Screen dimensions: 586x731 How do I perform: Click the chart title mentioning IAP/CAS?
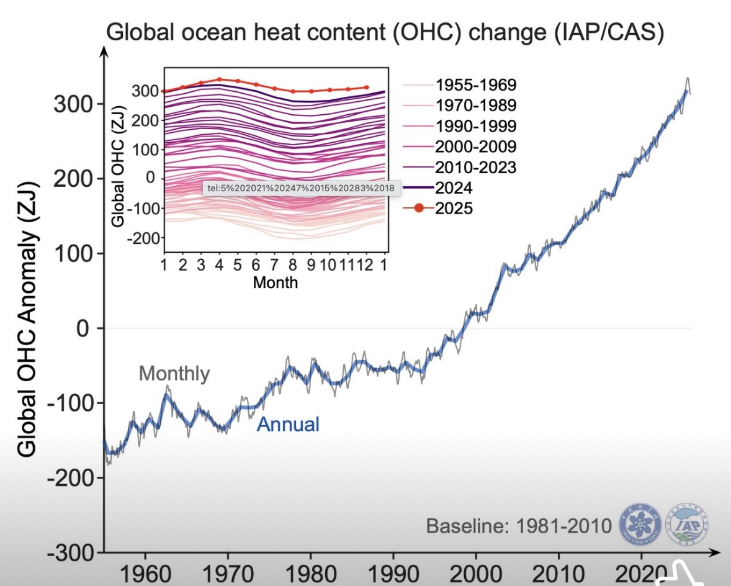(x=385, y=32)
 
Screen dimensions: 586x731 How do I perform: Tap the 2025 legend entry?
(x=454, y=208)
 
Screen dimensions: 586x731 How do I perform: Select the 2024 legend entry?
(x=454, y=187)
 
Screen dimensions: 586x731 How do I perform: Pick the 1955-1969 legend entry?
(x=475, y=84)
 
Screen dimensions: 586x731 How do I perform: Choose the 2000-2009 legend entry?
(x=475, y=146)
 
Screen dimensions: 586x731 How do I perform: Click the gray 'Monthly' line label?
(x=174, y=374)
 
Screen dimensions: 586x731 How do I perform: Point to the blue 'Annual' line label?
(x=288, y=425)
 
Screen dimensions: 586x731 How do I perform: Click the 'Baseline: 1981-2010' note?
(x=519, y=526)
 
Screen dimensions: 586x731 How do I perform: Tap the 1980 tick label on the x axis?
(x=310, y=572)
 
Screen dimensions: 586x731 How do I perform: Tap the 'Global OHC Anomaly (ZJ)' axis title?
(x=27, y=320)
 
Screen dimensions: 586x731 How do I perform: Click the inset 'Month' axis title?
(x=276, y=283)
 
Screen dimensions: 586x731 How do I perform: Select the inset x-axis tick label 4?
(x=219, y=264)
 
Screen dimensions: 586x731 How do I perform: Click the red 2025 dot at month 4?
(x=220, y=79)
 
